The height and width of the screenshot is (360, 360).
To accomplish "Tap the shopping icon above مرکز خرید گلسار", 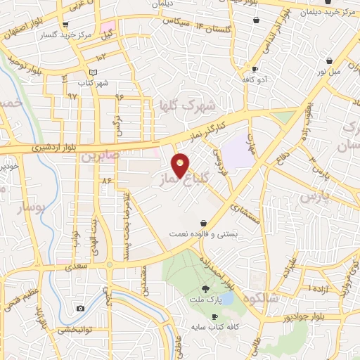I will pos(65,24).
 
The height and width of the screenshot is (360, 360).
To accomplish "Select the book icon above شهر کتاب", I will pos(94,72).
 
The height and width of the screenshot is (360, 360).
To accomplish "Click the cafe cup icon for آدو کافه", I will pos(255,69).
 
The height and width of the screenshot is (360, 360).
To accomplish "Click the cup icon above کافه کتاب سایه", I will pos(214,317).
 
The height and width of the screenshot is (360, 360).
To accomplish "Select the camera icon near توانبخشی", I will pos(81,309).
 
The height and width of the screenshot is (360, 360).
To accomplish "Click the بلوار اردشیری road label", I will pos(53,148).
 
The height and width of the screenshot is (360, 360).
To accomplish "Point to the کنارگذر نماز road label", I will pos(204,126).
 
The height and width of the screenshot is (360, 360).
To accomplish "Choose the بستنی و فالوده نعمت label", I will pos(203,233).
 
